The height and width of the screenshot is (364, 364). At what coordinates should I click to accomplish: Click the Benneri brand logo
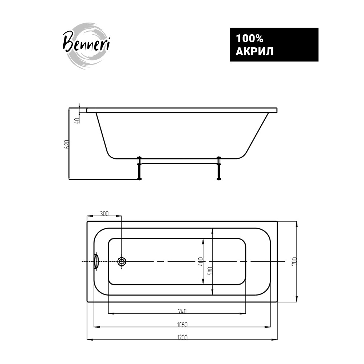click(x=86, y=45)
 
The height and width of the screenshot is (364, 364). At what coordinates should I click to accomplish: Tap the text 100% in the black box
click(x=250, y=39)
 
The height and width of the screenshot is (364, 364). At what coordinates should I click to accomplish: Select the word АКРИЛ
click(x=254, y=52)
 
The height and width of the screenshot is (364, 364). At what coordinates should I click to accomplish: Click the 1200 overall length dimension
click(x=182, y=337)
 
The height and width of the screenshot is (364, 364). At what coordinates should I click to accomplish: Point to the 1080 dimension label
click(x=182, y=324)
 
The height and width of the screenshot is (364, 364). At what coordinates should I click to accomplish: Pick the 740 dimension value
click(x=182, y=311)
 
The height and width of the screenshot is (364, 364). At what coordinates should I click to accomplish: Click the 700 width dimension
click(x=294, y=261)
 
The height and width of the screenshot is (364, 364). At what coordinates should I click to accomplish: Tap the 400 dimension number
click(x=201, y=261)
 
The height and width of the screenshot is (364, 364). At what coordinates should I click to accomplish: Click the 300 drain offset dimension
click(x=104, y=213)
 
